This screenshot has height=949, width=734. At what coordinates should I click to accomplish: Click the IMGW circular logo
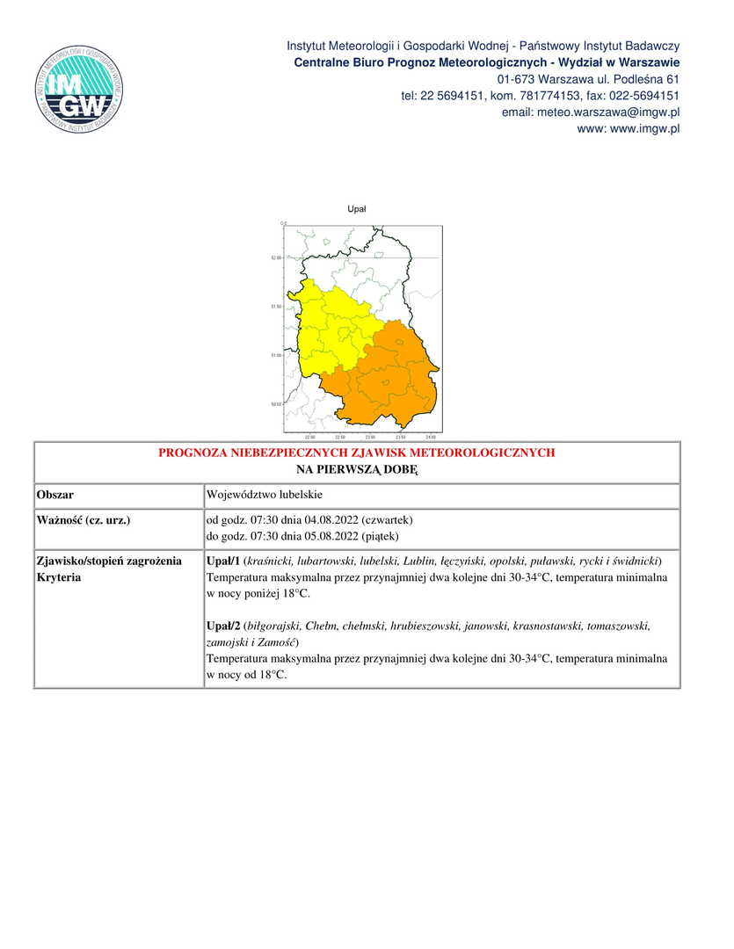click(78, 89)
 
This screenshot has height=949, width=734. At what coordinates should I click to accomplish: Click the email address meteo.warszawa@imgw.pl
click(591, 112)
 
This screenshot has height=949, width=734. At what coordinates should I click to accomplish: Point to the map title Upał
click(357, 209)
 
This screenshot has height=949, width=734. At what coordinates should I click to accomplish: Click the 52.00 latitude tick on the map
click(276, 257)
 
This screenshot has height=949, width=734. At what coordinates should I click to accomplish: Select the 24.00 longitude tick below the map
click(430, 437)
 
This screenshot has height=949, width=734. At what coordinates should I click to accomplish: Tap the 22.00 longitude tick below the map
click(309, 437)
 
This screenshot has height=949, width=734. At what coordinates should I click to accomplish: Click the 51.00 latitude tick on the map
click(276, 355)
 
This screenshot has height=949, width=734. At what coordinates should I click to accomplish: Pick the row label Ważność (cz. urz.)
click(84, 520)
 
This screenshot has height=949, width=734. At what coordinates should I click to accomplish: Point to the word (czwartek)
click(382, 520)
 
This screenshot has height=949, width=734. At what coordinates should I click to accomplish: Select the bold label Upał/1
click(222, 561)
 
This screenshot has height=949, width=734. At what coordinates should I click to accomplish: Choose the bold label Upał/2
click(222, 626)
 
